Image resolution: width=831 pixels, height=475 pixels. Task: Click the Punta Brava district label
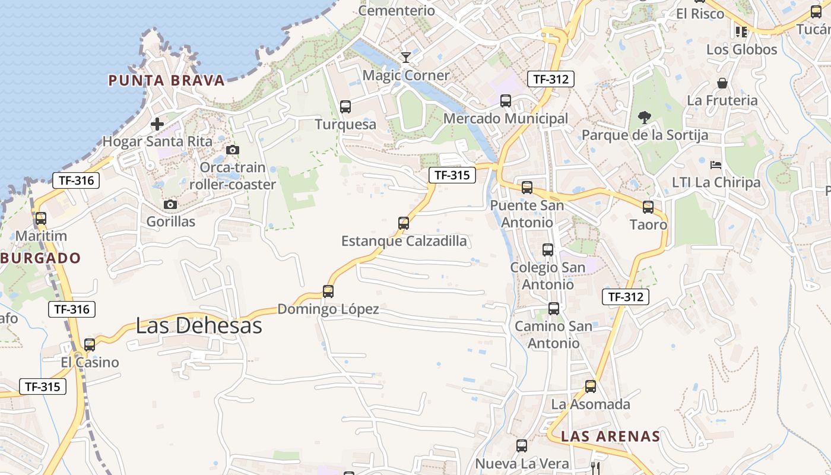click(x=166, y=81)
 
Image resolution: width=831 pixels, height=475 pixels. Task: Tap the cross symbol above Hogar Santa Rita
click(x=157, y=124)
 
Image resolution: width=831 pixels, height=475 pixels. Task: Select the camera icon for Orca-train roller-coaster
click(x=233, y=150)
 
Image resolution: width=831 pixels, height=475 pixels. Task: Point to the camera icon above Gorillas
click(x=170, y=205)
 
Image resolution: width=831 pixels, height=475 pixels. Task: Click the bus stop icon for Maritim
click(x=41, y=218)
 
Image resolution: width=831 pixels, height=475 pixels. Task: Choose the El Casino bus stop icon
click(x=90, y=345)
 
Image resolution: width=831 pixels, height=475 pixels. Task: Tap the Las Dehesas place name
click(x=199, y=326)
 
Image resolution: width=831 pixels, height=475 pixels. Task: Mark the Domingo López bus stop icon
click(x=328, y=292)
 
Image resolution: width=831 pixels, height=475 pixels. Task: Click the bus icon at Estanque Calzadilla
click(x=404, y=223)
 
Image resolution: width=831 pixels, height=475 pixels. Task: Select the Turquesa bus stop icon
click(x=345, y=107)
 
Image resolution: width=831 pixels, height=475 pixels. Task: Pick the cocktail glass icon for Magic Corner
click(x=406, y=58)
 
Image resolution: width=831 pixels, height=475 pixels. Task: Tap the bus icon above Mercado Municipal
click(x=506, y=101)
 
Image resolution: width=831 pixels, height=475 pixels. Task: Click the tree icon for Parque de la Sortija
click(x=645, y=118)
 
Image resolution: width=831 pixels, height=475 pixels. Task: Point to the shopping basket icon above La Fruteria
click(x=722, y=83)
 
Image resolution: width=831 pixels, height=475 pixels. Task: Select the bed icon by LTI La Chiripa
click(x=716, y=165)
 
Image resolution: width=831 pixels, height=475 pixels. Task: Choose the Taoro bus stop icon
click(x=648, y=207)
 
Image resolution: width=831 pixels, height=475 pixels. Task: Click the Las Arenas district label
click(x=610, y=436)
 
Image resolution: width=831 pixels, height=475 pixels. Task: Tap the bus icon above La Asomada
click(x=591, y=387)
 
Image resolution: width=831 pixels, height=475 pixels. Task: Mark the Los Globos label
click(x=741, y=49)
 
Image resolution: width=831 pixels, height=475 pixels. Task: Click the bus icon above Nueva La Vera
click(x=522, y=446)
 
